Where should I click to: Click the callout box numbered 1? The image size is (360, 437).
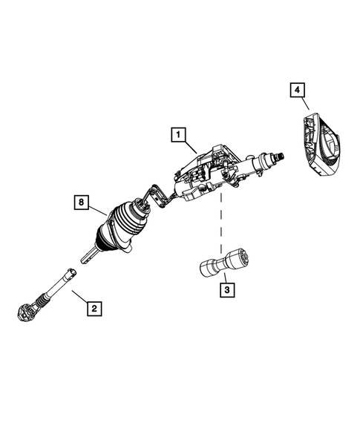click(x=177, y=135)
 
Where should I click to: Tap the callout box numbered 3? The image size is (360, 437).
click(x=226, y=290)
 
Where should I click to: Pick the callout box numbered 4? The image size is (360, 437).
click(x=296, y=90)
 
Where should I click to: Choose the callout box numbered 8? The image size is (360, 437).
click(x=83, y=201)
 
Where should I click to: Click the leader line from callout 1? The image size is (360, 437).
click(x=191, y=145)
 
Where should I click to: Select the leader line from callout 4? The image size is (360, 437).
click(x=304, y=105)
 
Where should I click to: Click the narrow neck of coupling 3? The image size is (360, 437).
click(x=217, y=264)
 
